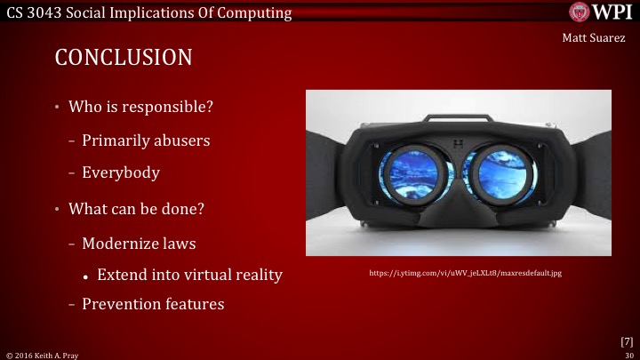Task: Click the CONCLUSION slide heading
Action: (124, 59)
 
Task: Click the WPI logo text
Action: (612, 12)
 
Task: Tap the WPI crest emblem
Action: (580, 12)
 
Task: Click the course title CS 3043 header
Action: (147, 12)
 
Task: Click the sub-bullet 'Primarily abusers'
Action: (146, 140)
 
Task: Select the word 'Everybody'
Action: (121, 172)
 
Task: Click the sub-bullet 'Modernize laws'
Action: (139, 242)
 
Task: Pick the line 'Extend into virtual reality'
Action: (189, 275)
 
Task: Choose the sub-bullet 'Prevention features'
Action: (153, 304)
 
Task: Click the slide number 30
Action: (629, 354)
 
